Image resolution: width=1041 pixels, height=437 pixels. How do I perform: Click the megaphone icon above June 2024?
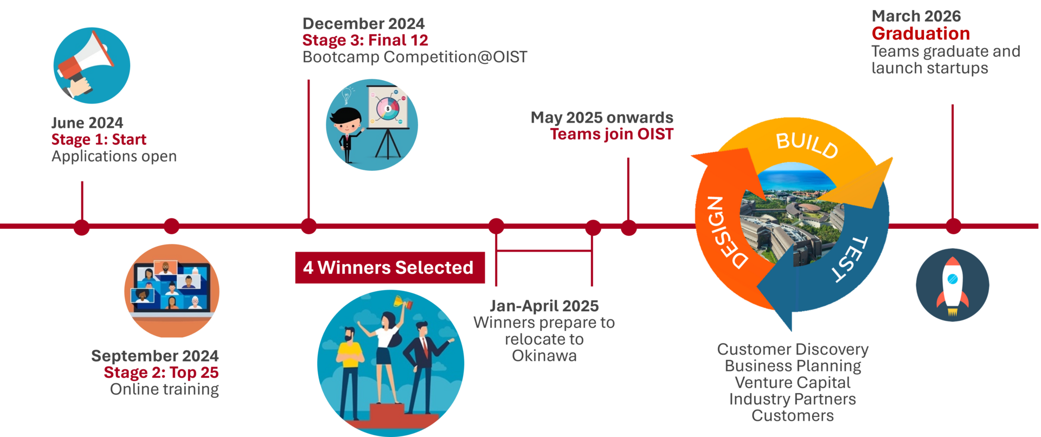[91, 65]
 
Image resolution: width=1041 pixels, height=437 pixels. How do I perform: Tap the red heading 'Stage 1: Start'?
[99, 139]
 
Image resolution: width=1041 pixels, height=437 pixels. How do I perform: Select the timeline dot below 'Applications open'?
[82, 227]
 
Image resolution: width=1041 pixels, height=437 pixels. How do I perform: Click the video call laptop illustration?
[171, 290]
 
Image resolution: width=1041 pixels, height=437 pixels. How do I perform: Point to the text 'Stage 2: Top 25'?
[161, 372]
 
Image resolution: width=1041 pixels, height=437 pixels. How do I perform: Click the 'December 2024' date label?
[363, 24]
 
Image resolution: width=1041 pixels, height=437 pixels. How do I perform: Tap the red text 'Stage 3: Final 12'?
[365, 40]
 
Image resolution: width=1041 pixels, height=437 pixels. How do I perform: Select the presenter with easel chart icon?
[372, 125]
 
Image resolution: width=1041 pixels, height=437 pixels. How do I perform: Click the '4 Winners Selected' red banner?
[389, 267]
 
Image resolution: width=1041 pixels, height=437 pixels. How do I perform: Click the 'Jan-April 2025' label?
[544, 306]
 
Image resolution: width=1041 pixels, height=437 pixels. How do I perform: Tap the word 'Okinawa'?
[544, 356]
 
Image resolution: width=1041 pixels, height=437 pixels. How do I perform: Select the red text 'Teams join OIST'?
[612, 134]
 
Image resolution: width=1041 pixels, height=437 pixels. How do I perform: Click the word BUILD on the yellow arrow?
[807, 145]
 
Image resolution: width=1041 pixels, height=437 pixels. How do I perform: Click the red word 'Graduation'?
[921, 34]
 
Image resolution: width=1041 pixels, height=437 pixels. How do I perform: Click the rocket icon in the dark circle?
[953, 286]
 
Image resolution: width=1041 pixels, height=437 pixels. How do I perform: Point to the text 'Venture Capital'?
[792, 382]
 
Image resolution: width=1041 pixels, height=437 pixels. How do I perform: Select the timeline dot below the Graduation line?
[953, 227]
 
